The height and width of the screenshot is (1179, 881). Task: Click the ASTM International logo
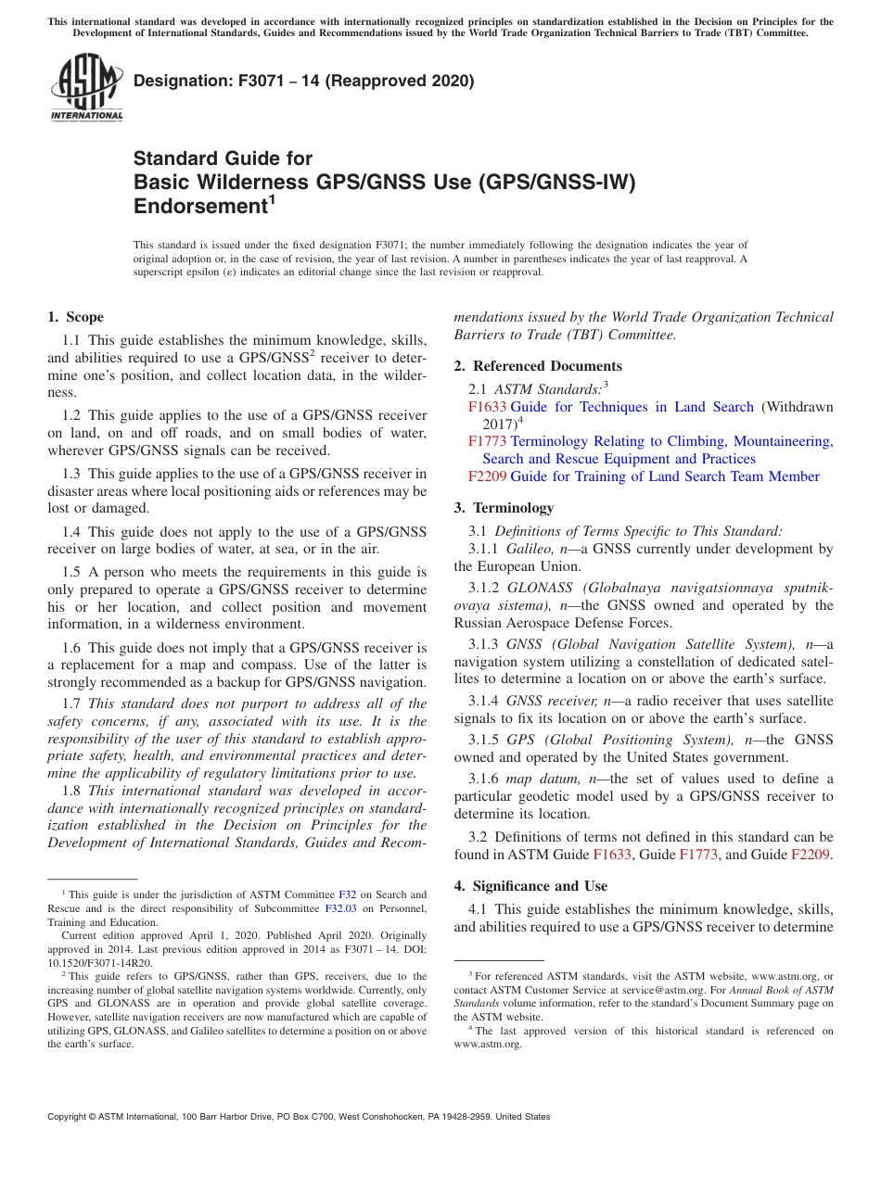[86, 88]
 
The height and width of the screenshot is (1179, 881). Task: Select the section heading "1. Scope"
[75, 317]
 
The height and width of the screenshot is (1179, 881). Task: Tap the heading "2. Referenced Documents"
[538, 366]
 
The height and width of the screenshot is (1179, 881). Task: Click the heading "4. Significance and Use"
[530, 886]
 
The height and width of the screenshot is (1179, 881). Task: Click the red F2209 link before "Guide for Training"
[487, 476]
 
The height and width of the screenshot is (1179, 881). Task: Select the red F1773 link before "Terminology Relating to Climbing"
[487, 441]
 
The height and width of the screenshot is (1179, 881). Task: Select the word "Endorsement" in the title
[199, 207]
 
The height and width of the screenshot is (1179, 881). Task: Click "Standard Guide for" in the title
[223, 158]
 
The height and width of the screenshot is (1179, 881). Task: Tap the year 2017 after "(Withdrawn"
[499, 424]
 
